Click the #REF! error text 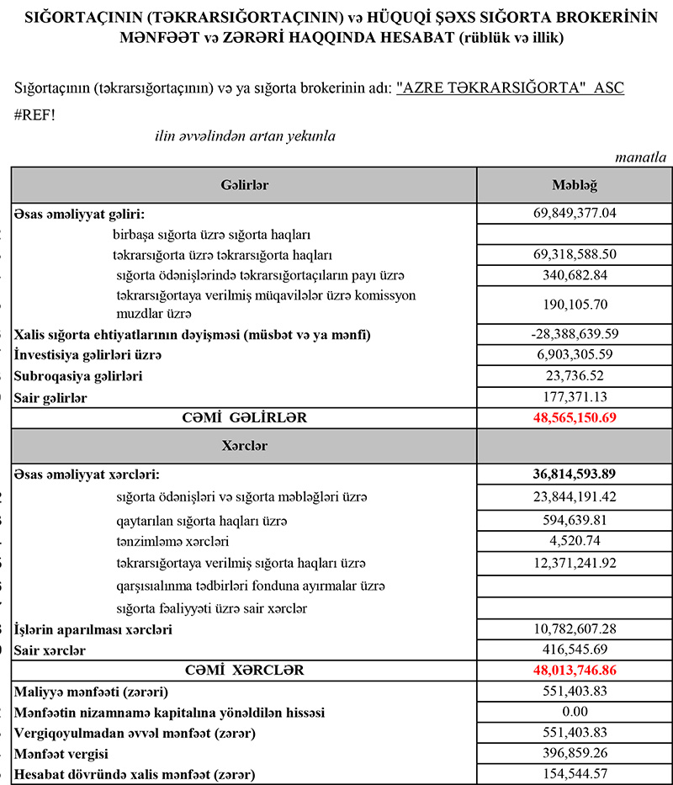coord(35,114)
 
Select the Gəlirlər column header coord(245,185)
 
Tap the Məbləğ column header coord(574,185)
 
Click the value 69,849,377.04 coord(574,214)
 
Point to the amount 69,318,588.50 coord(574,254)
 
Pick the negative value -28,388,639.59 coord(574,335)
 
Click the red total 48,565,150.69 coord(574,417)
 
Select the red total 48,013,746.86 coord(574,671)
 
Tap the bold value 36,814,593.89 coord(574,475)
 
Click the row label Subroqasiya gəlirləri coord(79,376)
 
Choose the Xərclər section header coord(245,446)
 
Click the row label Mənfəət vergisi coord(62,754)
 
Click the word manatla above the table coord(641,157)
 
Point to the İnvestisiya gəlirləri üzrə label coord(87,356)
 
